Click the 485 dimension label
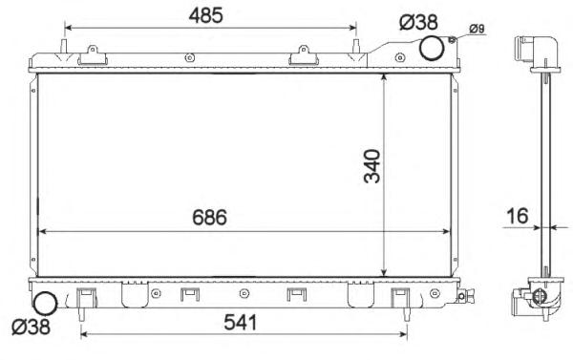coord(205,15)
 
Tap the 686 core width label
coord(209,217)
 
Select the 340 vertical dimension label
coord(372,166)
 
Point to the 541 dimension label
coord(241,323)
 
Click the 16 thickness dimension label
coord(517,216)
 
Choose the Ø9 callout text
coord(477,29)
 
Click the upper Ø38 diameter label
coord(418,22)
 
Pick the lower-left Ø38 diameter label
coord(31,327)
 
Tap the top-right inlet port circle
coord(432,48)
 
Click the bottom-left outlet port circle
coord(45,303)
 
